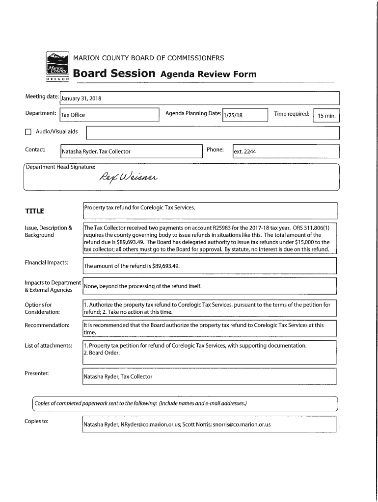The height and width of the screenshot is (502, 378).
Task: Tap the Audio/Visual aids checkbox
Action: point(28,132)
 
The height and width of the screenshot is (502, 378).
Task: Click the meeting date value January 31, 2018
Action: point(81,99)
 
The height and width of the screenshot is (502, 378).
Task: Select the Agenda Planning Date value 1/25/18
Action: point(233,115)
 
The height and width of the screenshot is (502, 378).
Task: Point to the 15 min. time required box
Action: point(326,116)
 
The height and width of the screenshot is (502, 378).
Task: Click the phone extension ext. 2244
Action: point(244,151)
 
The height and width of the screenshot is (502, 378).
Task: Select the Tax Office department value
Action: point(73,115)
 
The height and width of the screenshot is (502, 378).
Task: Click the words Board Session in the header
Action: point(114,74)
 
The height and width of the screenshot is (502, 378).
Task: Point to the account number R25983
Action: point(223,228)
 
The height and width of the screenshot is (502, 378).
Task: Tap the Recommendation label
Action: point(47,325)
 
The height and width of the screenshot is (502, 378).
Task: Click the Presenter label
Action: point(37,373)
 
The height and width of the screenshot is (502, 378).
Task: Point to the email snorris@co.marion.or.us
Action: point(242,425)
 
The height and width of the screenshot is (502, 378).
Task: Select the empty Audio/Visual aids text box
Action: point(213,133)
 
